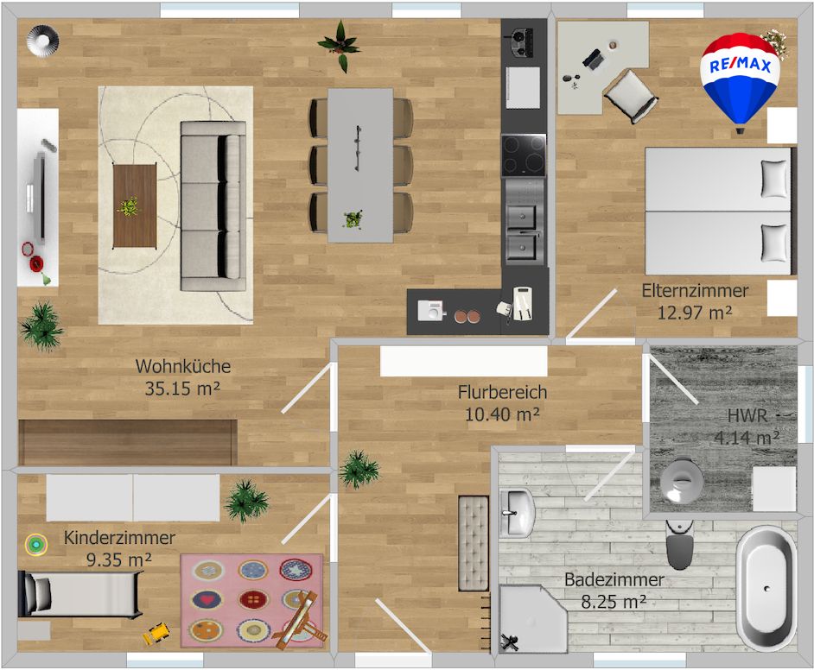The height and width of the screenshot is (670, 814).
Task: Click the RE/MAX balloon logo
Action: pyautogui.click(x=741, y=78)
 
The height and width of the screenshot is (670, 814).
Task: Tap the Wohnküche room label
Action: pyautogui.click(x=182, y=366)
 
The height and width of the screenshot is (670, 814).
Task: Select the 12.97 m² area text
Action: pyautogui.click(x=695, y=312)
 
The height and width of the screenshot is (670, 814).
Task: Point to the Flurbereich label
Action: pyautogui.click(x=502, y=393)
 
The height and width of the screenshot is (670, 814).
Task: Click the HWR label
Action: pyautogui.click(x=747, y=416)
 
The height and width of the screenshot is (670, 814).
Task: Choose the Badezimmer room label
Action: pyautogui.click(x=614, y=579)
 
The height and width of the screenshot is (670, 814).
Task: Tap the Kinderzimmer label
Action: pyautogui.click(x=119, y=538)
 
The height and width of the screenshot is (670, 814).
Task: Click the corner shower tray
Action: pyautogui.click(x=531, y=618)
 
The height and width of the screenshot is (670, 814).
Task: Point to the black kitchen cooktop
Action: pyautogui.click(x=524, y=155)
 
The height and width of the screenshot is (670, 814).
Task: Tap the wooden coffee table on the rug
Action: pyautogui.click(x=134, y=205)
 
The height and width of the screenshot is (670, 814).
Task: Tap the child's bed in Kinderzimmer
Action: pyautogui.click(x=79, y=594)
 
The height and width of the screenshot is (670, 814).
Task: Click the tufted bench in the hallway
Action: pyautogui.click(x=473, y=543)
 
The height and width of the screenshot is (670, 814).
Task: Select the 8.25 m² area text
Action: pyautogui.click(x=614, y=603)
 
